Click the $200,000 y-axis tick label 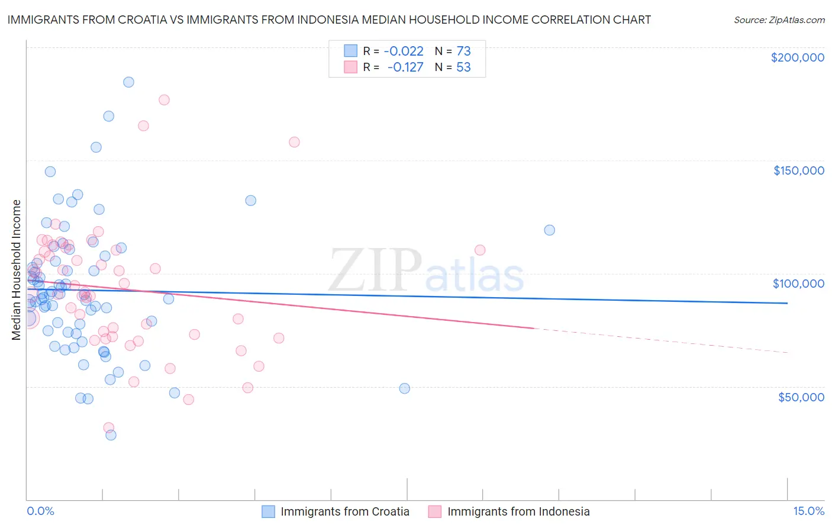[x=797, y=57]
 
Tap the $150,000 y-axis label [x=798, y=170]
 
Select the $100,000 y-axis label [x=798, y=284]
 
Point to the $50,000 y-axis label [x=801, y=397]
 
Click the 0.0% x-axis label [x=40, y=511]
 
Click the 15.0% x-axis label [x=808, y=511]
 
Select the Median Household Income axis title [x=16, y=270]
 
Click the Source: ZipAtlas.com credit [x=779, y=20]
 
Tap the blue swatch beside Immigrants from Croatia [x=269, y=511]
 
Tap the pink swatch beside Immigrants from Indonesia [x=435, y=511]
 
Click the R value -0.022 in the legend [x=404, y=51]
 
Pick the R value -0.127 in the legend [x=405, y=67]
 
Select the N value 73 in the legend [x=463, y=51]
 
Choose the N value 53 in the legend [x=463, y=67]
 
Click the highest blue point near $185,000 [x=128, y=82]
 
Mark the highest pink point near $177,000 [x=164, y=100]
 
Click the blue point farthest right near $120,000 [x=549, y=230]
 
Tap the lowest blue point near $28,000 [x=111, y=435]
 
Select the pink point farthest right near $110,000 [x=480, y=250]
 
